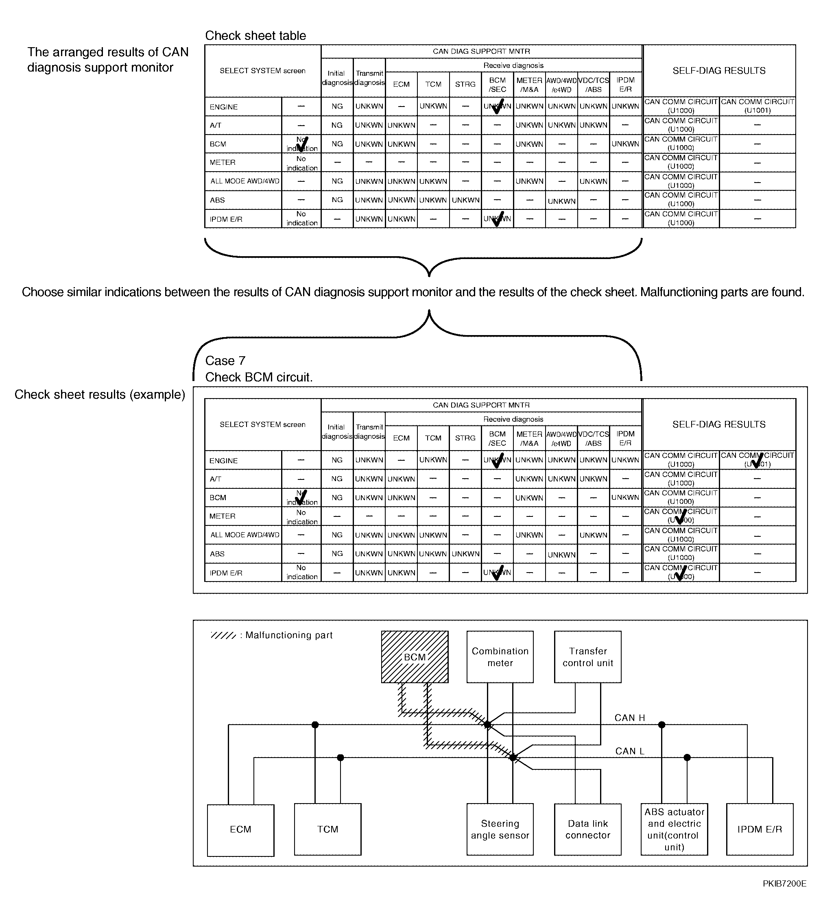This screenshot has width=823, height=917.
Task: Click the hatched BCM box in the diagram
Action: [x=414, y=657]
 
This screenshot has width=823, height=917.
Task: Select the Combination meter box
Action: [x=500, y=657]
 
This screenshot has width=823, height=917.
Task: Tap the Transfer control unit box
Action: [x=587, y=657]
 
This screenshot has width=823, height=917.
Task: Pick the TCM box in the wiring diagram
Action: [x=327, y=829]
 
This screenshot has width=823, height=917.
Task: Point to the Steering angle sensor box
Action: [x=500, y=829]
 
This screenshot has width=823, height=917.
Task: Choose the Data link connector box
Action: [x=587, y=829]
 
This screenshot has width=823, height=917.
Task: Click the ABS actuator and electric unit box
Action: [x=674, y=829]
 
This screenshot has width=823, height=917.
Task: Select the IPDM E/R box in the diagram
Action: [x=759, y=829]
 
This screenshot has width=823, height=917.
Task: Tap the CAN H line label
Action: [x=629, y=718]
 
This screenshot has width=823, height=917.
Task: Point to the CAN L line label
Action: [x=629, y=751]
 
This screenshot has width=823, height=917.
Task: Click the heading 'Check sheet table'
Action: [x=255, y=36]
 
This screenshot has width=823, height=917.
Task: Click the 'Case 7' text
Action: [x=225, y=361]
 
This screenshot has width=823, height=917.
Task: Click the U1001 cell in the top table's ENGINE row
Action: [x=757, y=106]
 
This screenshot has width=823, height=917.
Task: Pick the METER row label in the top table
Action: [x=222, y=162]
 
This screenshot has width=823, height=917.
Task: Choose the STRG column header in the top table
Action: [x=465, y=84]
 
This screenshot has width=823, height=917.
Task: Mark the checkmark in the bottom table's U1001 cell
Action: [x=757, y=460]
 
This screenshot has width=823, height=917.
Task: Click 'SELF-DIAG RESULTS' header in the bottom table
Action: [x=718, y=425]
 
